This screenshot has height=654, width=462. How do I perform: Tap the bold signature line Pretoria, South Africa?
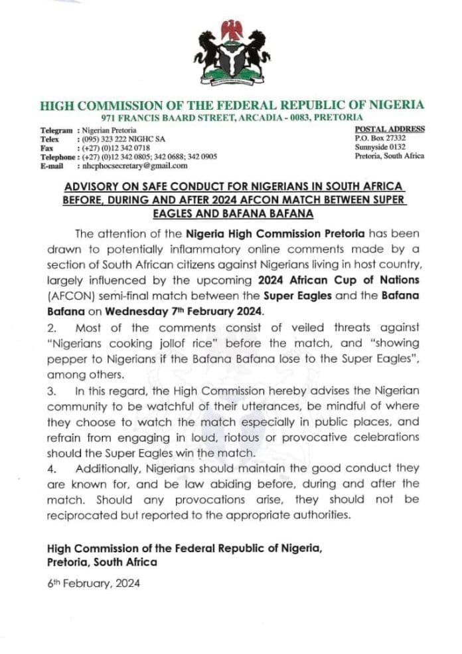(x=102, y=562)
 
